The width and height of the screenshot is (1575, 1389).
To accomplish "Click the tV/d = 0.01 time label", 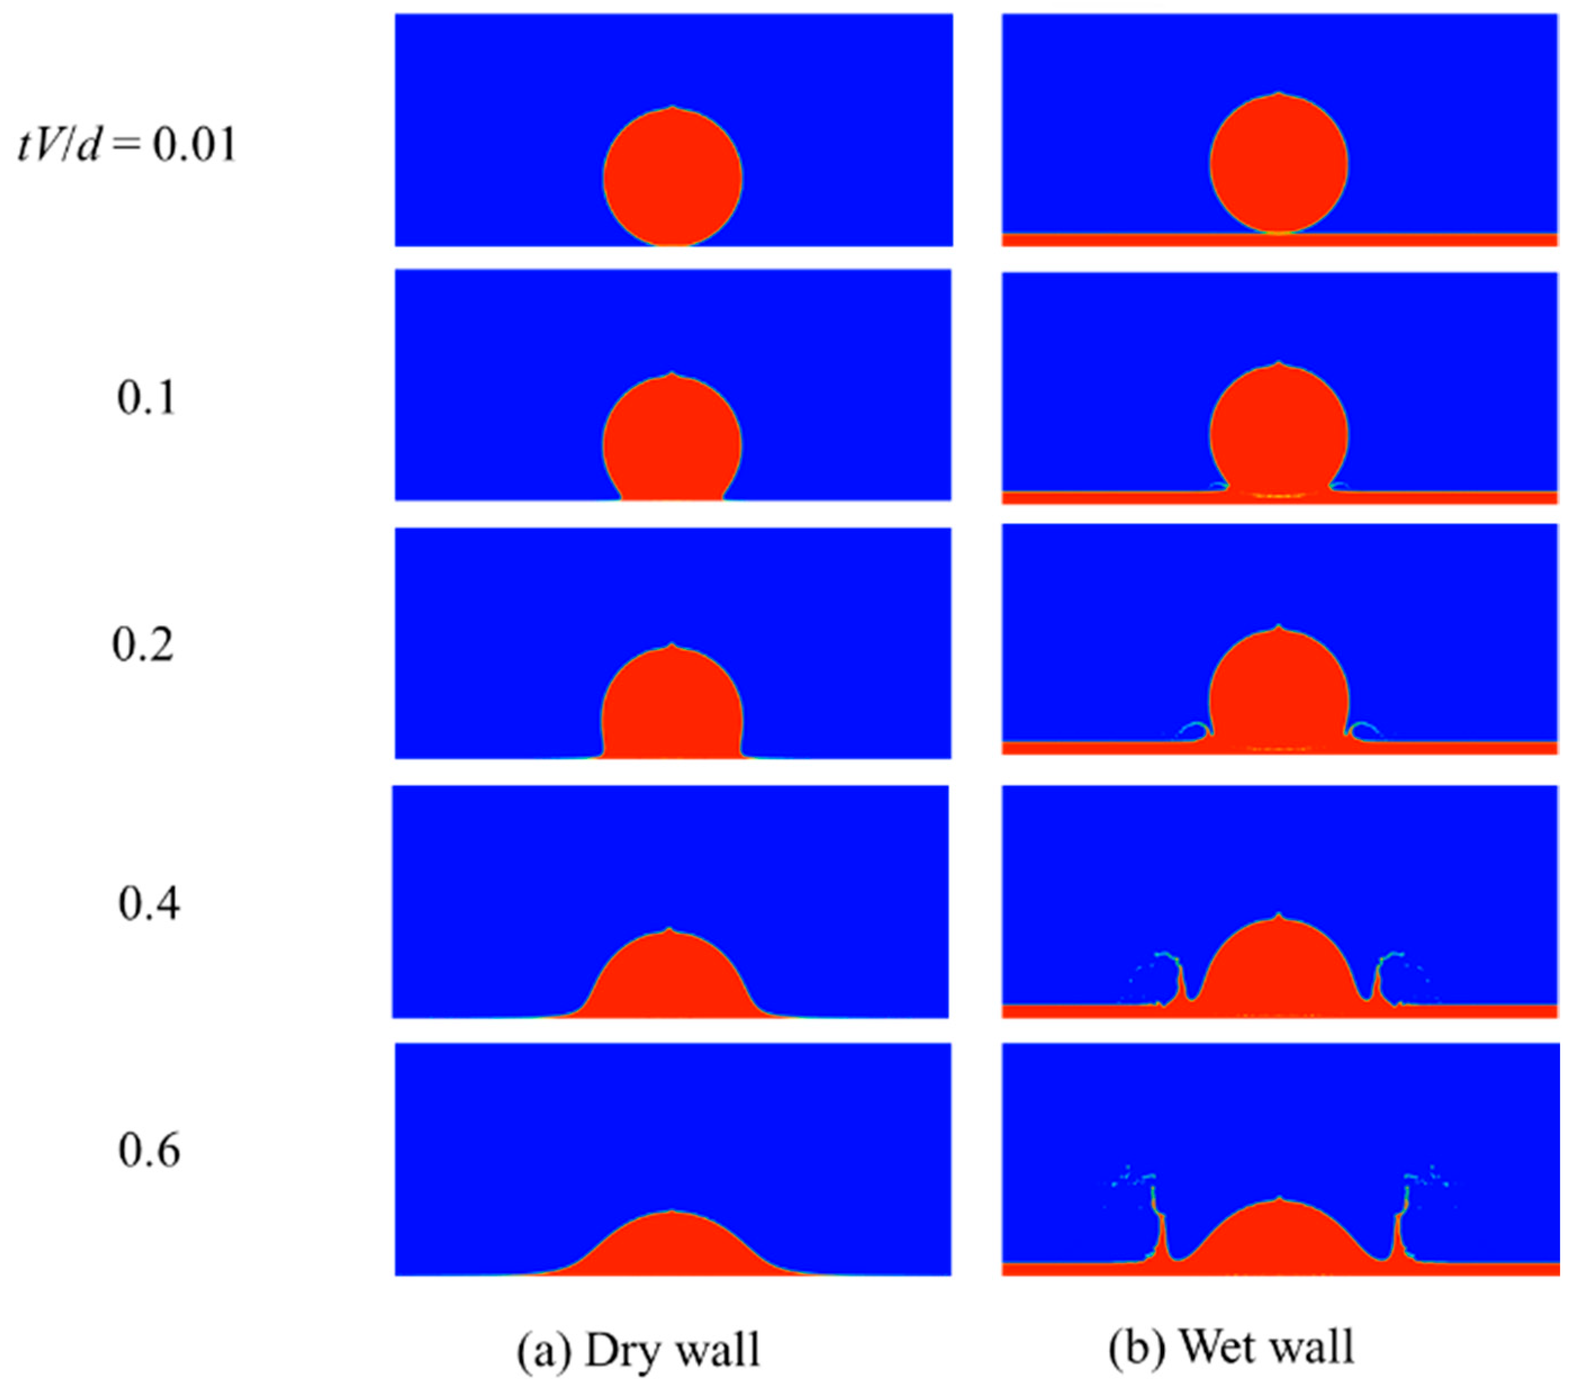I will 127,145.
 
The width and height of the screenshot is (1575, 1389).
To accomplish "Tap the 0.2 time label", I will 143,644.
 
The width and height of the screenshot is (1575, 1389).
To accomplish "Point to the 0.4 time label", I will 149,903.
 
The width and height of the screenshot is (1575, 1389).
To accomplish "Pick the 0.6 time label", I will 149,1150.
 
